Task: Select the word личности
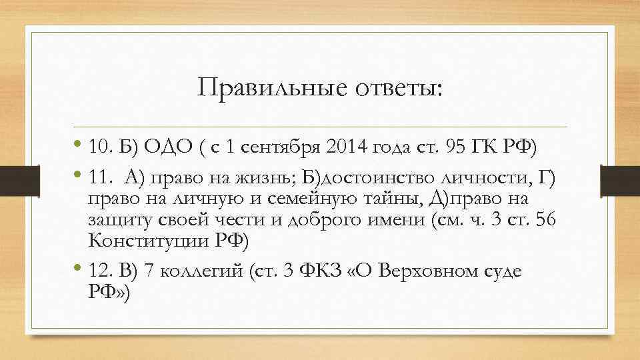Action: (x=474, y=177)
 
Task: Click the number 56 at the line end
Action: (x=545, y=220)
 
